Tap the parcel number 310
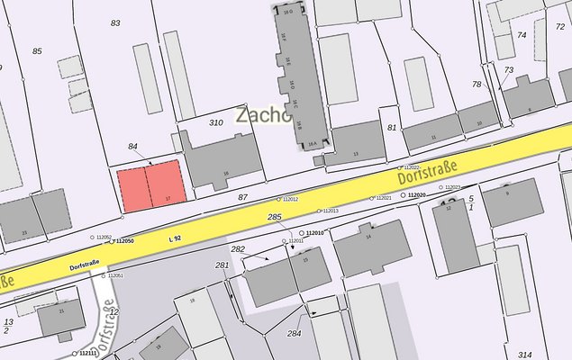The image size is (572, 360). (215, 122)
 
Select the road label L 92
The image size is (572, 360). (175, 238)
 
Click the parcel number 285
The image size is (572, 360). (275, 218)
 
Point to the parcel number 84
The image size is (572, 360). (133, 146)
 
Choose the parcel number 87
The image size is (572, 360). (242, 196)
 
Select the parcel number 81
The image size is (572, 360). (392, 128)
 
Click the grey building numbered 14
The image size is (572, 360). (368, 247)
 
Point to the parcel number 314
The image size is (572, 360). (525, 355)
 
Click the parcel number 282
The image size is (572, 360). (238, 249)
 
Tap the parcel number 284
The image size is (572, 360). (294, 333)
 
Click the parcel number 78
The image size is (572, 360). (477, 85)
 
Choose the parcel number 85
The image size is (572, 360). (37, 51)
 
